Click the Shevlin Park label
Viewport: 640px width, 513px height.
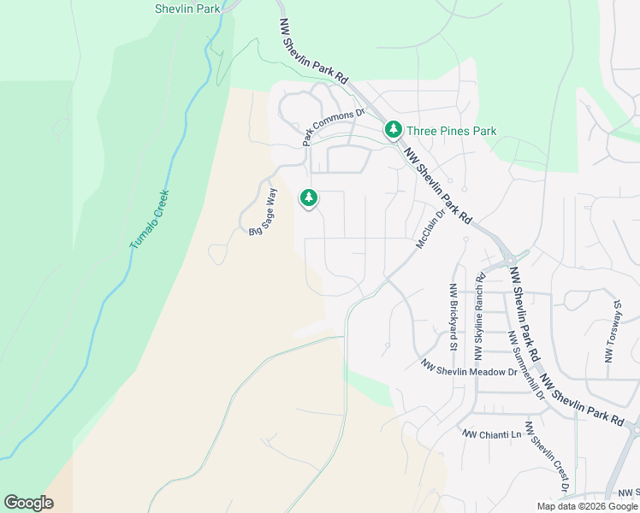187,9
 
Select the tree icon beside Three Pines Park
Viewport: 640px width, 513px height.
393,130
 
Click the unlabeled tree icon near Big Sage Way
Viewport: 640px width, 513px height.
308,198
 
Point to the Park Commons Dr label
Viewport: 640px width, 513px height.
333,127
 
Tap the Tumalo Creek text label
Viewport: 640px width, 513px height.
151,219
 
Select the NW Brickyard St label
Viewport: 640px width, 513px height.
452,317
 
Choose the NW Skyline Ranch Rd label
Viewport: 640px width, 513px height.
480,312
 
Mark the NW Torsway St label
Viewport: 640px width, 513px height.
612,331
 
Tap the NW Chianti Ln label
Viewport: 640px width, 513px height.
492,434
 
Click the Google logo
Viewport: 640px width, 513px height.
28,503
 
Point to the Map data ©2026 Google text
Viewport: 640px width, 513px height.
587,506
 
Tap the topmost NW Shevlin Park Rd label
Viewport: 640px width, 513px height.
314,50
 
